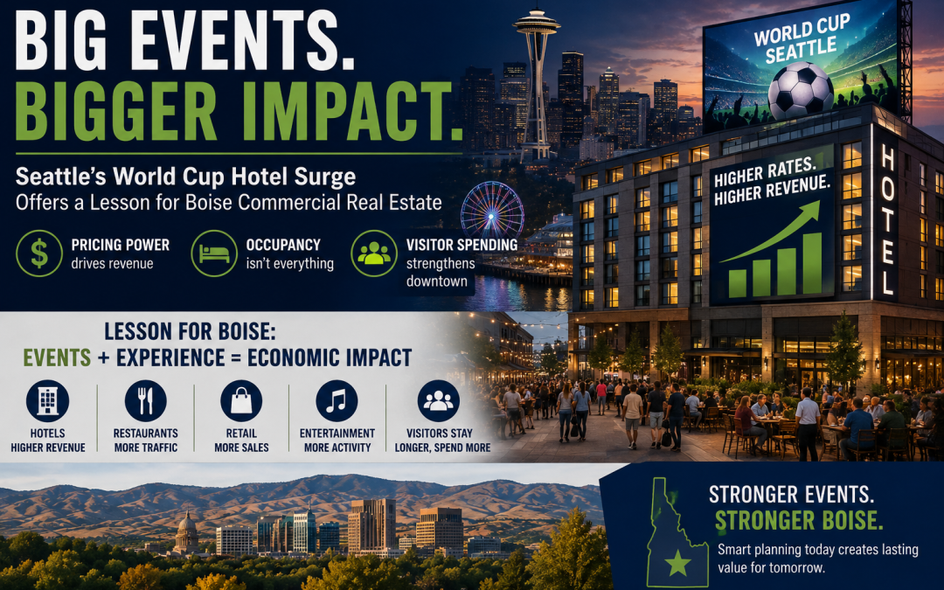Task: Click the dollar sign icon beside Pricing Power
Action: coord(39,253)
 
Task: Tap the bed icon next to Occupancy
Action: coord(214,253)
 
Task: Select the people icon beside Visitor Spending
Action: coord(374,253)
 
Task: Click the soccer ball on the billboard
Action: coord(800,91)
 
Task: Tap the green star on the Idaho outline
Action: coord(678,564)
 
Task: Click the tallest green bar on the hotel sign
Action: coord(812,264)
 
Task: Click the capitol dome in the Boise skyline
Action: coord(187,530)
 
